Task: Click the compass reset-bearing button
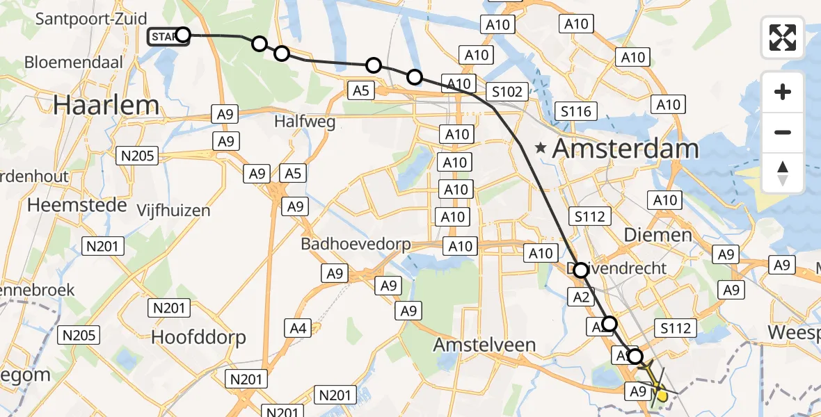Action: (783, 172)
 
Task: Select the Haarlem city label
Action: (106, 105)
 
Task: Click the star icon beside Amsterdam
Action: (540, 148)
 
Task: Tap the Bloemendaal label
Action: (74, 63)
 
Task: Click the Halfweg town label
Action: (305, 122)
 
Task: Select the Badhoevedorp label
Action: (356, 245)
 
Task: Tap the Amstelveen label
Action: (484, 344)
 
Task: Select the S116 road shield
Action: (575, 111)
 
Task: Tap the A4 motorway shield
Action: (298, 327)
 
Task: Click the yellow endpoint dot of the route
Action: (662, 396)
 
